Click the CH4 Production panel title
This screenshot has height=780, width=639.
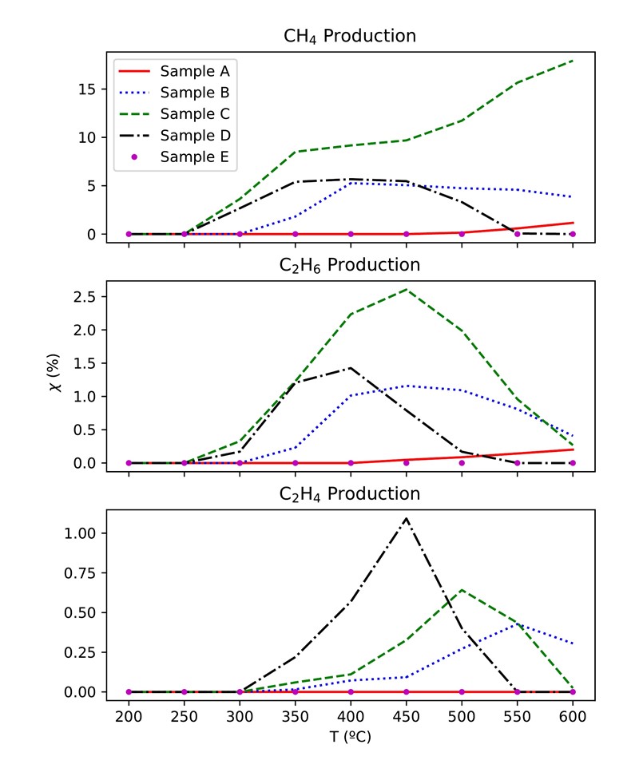coord(350,36)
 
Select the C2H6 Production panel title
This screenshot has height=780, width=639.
coord(350,264)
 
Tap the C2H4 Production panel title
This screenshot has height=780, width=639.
coord(350,493)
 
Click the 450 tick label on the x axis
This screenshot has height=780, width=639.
coord(407,715)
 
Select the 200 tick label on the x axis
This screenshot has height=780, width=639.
coord(129,715)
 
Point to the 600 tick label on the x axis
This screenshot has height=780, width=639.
coord(573,715)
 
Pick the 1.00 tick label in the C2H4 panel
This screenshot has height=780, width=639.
coord(89,533)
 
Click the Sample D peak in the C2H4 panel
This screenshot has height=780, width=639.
coord(407,518)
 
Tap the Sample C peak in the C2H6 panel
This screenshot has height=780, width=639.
coord(407,289)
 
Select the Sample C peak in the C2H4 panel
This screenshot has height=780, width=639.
coord(462,590)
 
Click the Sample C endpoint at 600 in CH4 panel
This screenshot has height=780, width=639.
coord(573,61)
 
